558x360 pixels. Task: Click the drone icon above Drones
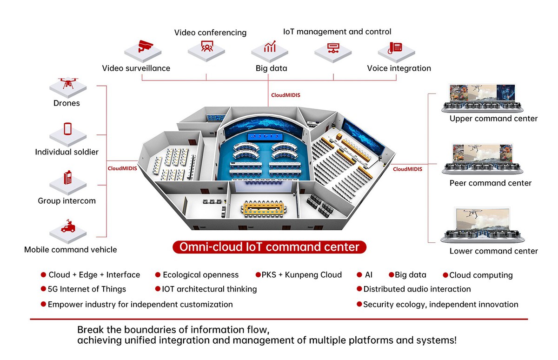68,84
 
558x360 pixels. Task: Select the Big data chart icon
270,47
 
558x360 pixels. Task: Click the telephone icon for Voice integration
396,47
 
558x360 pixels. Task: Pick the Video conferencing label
210,33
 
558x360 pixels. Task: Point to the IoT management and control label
337,32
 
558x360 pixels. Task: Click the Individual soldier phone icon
68,129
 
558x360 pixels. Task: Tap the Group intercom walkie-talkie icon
68,178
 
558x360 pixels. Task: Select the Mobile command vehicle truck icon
68,227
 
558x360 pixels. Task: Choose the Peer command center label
490,183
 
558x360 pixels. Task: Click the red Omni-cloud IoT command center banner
269,247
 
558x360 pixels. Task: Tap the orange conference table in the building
263,208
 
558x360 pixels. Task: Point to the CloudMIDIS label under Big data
286,95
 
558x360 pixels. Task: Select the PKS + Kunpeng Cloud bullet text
302,275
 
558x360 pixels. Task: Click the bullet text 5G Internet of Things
86,289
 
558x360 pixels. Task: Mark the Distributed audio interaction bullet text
417,289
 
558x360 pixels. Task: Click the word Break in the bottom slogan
91,330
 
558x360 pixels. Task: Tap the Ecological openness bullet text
200,275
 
